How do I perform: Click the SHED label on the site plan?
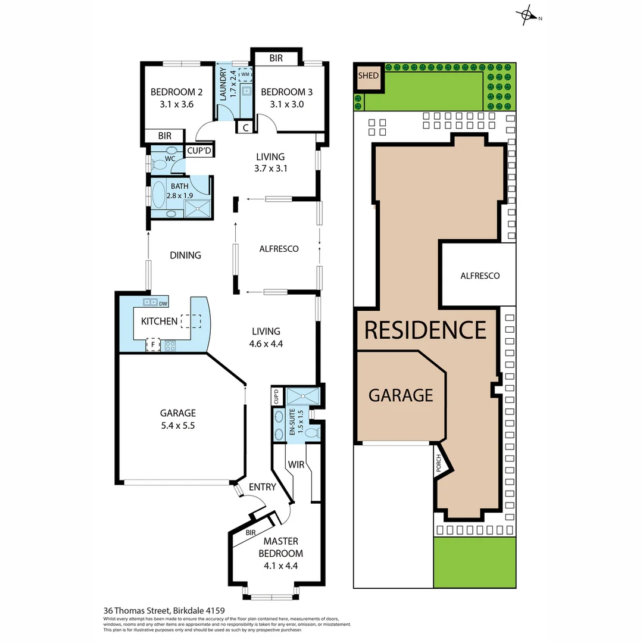(x=368, y=76)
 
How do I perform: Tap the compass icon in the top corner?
(x=526, y=16)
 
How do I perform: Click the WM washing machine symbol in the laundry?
(x=245, y=74)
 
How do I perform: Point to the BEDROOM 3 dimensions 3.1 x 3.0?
(x=286, y=104)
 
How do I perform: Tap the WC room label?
(x=170, y=159)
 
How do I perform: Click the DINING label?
(x=185, y=255)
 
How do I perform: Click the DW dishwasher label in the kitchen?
(x=163, y=304)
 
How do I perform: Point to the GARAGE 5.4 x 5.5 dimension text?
(x=177, y=426)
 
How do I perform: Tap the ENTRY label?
(x=263, y=487)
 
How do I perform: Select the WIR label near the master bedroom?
(x=296, y=464)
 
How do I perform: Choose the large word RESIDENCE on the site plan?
(x=425, y=330)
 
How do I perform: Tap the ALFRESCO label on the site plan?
(x=480, y=276)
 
